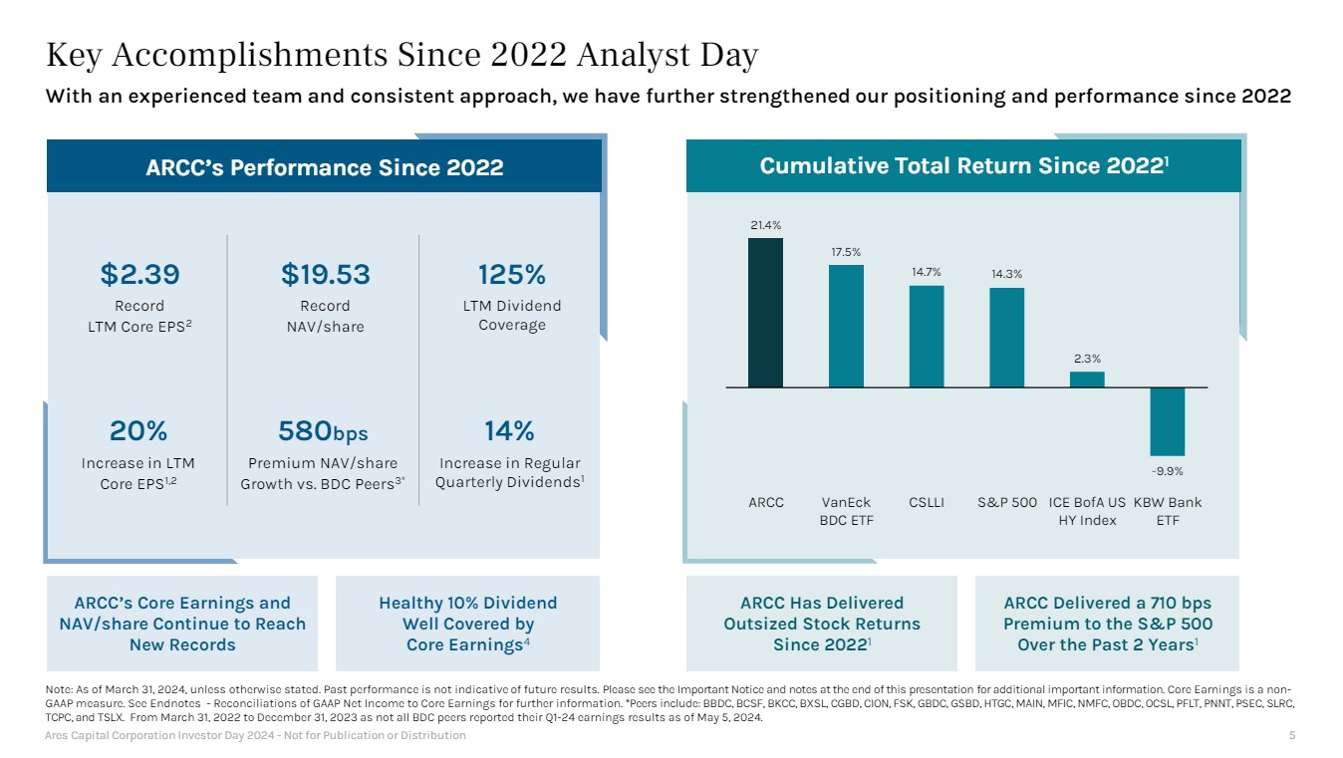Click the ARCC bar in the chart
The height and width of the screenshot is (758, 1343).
pos(765,313)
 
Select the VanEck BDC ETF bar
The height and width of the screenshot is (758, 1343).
pos(846,326)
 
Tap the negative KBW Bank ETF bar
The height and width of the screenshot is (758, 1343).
pos(1167,421)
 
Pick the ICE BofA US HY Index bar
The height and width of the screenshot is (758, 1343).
pos(1087,379)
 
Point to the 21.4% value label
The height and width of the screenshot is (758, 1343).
pos(765,225)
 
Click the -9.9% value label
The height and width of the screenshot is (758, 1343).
pos(1167,470)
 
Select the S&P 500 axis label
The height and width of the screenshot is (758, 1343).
pos(1006,502)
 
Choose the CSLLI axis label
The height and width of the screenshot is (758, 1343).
pos(926,502)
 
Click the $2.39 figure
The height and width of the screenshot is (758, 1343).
pos(139,274)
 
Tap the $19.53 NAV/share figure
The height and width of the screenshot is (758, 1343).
pos(325,274)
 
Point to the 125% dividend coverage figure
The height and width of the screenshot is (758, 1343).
pos(511,274)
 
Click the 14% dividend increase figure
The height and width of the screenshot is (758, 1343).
pos(509,431)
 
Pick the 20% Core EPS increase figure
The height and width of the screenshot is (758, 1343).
pos(138,431)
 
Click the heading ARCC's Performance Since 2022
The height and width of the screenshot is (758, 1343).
pos(324,167)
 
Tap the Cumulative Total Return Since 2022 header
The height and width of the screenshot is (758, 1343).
pos(963,165)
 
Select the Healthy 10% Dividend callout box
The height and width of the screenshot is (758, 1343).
pos(467,624)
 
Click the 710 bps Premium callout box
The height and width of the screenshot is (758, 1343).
pos(1107,624)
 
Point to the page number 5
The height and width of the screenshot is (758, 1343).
pos(1292,735)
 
